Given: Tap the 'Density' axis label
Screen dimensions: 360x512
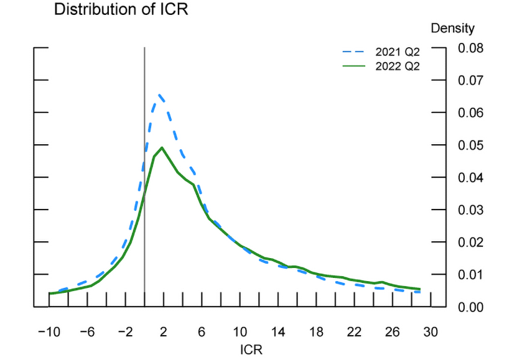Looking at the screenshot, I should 452,28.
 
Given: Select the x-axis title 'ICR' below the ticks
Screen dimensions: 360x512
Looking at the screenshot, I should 251,349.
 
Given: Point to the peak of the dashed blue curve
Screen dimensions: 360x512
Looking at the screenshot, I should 159,95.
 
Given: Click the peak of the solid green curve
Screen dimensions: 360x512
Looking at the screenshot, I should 162,147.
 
